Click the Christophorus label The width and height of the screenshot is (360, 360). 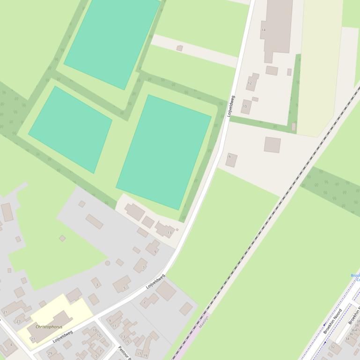[x=49, y=327]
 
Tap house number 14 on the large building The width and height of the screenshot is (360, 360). [x=264, y=30]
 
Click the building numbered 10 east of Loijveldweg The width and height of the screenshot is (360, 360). [x=246, y=107]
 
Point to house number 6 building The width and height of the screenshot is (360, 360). [x=231, y=159]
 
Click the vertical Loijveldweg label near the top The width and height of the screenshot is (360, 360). [x=231, y=107]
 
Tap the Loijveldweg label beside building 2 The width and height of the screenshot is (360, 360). [x=155, y=281]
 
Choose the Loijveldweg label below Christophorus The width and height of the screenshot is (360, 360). [x=63, y=336]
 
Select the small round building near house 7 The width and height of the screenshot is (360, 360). [x=107, y=263]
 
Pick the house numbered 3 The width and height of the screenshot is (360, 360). [x=96, y=283]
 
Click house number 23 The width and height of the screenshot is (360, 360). [x=19, y=320]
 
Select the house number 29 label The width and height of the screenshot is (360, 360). [x=50, y=353]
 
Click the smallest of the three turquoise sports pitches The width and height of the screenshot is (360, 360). [x=70, y=129]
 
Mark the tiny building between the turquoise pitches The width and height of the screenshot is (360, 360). [x=179, y=48]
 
